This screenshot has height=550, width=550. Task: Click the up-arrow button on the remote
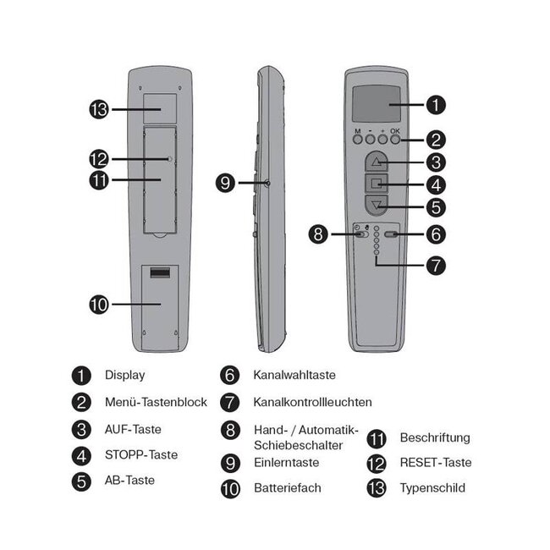click(377, 161)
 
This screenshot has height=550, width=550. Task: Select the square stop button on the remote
click(377, 183)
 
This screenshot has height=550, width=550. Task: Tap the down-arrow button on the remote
click(377, 204)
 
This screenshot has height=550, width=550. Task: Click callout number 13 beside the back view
click(100, 109)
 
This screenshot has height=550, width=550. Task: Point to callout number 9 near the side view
click(225, 182)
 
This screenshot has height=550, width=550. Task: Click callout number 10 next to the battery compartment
click(100, 305)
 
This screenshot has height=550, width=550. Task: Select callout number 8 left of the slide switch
click(318, 234)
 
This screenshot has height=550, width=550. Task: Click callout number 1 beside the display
click(434, 105)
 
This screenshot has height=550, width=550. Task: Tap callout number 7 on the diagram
click(435, 265)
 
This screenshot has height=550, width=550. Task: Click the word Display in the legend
click(124, 375)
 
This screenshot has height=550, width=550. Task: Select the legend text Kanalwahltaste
click(290, 374)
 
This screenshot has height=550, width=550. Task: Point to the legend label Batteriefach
click(288, 488)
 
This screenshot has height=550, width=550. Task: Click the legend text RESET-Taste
click(436, 463)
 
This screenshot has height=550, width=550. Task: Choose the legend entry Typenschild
click(432, 488)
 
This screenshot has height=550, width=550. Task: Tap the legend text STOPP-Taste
click(141, 455)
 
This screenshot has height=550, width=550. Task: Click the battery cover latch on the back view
click(159, 273)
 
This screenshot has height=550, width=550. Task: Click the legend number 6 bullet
click(230, 375)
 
